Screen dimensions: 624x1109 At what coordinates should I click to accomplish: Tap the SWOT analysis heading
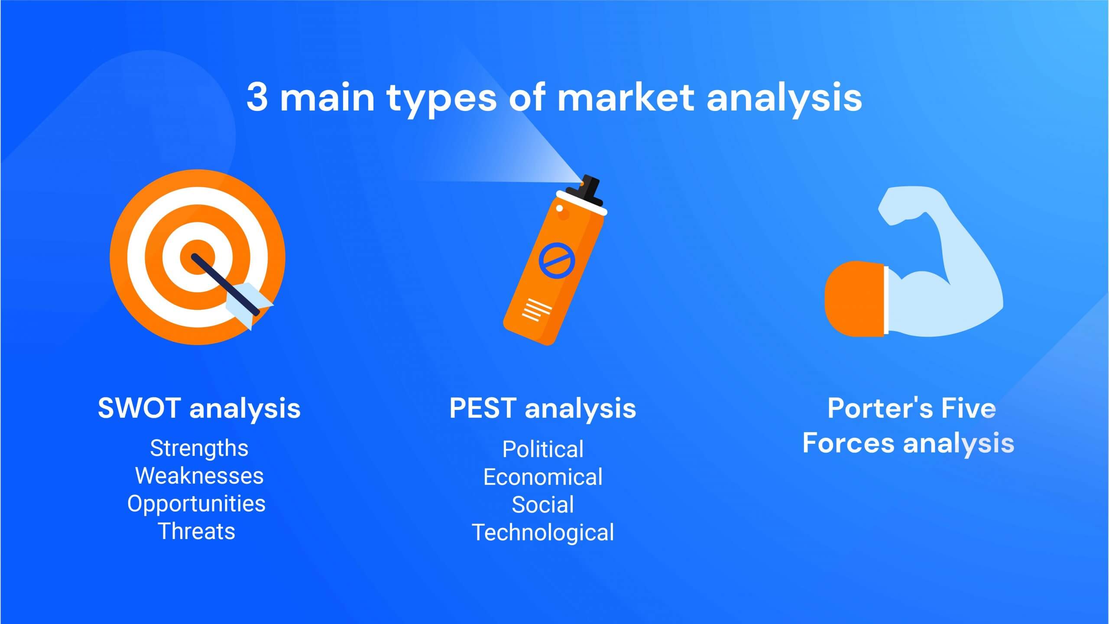tap(199, 409)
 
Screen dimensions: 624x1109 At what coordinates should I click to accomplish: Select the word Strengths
tap(199, 448)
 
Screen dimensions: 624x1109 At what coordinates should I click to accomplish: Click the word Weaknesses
tap(199, 476)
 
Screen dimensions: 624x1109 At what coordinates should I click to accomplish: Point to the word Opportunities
tap(196, 504)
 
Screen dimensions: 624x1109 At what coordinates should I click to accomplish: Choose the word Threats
tap(197, 531)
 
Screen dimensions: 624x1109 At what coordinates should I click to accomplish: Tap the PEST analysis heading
tap(542, 409)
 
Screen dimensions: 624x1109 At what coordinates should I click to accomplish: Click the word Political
tap(543, 449)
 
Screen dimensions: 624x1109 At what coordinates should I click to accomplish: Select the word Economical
tap(543, 477)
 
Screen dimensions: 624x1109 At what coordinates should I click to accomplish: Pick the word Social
tap(543, 505)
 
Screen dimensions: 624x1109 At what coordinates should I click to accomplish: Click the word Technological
tap(543, 533)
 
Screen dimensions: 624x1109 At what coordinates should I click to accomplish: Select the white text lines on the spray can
tap(537, 309)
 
